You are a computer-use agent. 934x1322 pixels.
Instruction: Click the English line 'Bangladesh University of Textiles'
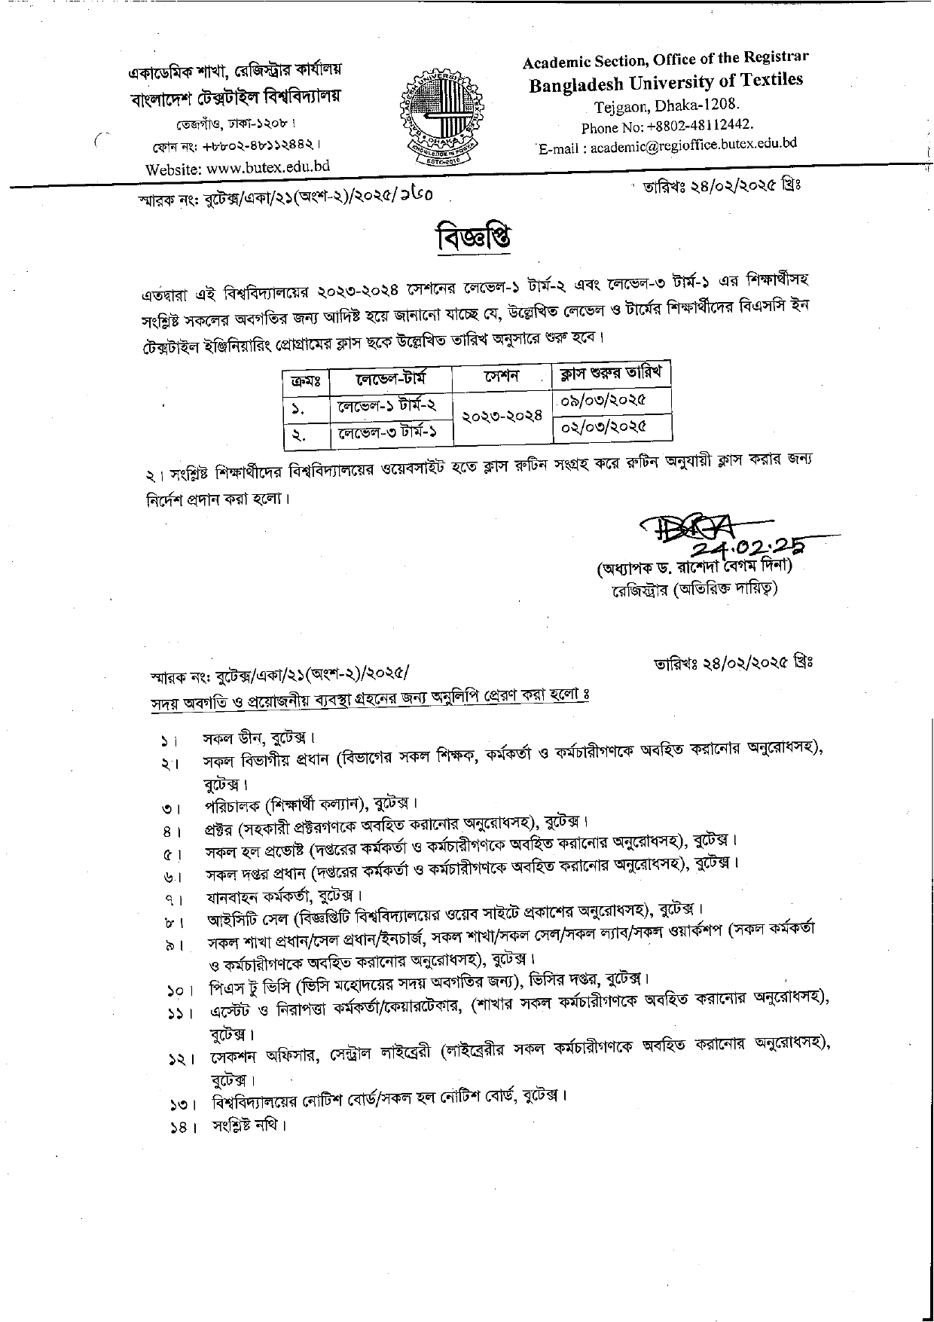(666, 82)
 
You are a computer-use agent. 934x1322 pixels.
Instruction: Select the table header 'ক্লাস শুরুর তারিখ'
(611, 373)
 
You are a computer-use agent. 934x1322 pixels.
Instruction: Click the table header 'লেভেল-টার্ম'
(390, 379)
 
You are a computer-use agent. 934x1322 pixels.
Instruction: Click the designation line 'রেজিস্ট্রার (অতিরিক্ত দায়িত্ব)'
(694, 588)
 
